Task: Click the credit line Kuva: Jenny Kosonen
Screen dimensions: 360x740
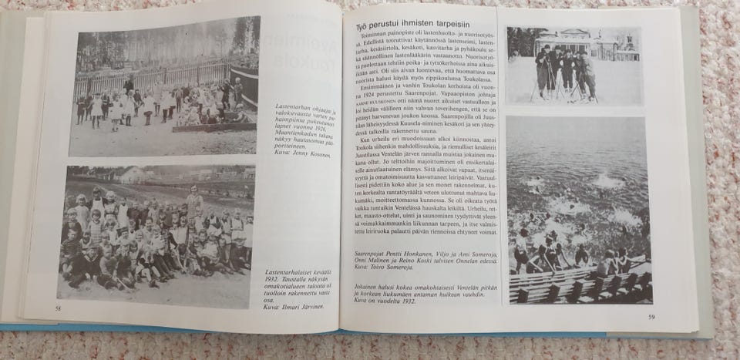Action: point(303,155)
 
